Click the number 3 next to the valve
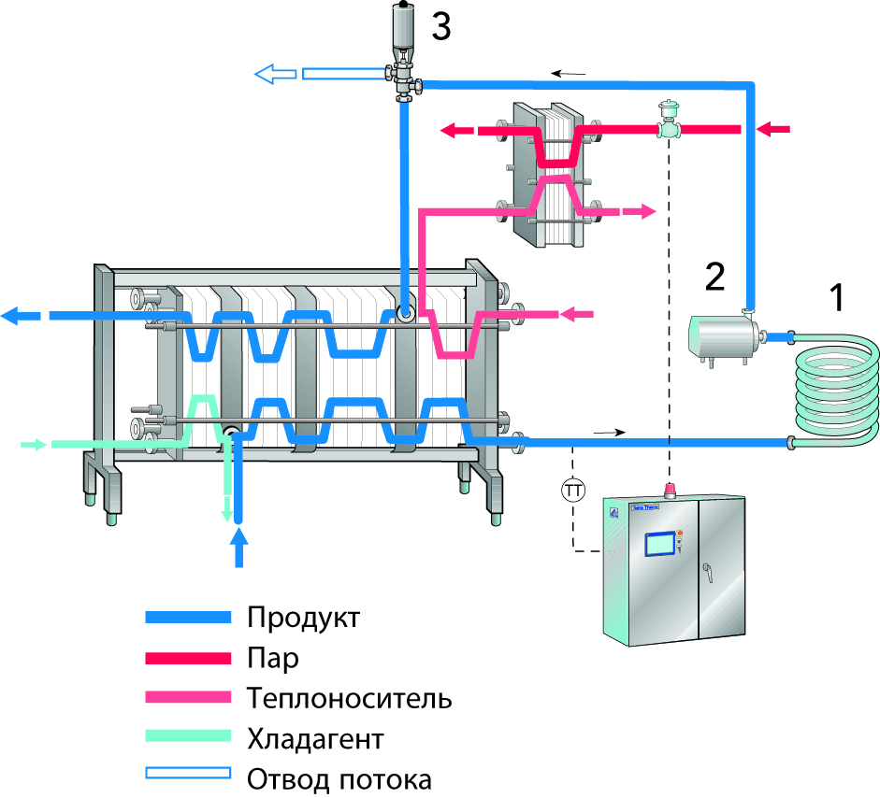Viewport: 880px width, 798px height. [440, 28]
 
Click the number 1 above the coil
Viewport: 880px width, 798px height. [837, 297]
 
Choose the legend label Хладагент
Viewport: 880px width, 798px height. [315, 739]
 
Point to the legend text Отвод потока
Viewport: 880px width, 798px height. [339, 778]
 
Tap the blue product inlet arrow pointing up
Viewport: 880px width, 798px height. [239, 547]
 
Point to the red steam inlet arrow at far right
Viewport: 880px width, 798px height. [773, 129]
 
